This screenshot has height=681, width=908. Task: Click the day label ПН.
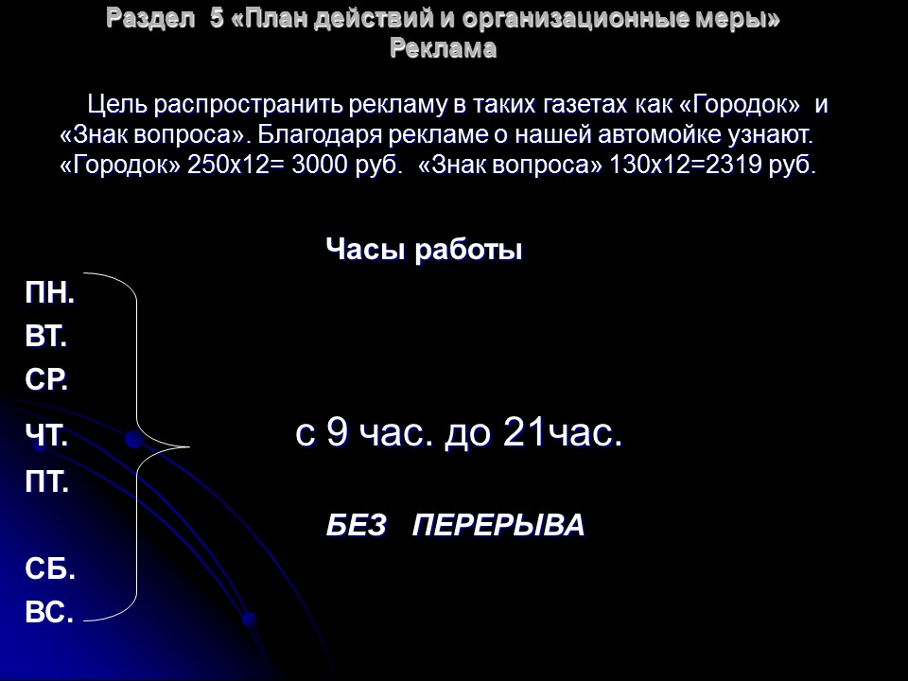[49, 294]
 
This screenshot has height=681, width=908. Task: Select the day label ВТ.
[46, 338]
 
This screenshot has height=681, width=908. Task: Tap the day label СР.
[46, 380]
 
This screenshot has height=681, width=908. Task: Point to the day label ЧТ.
[46, 436]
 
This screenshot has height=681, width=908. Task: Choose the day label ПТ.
[47, 483]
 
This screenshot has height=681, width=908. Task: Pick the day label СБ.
[50, 570]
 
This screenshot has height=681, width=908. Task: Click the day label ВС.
[49, 613]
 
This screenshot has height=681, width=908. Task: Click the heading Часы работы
[424, 251]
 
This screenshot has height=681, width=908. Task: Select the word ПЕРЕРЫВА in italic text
[498, 526]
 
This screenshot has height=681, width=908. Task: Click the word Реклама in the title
[444, 49]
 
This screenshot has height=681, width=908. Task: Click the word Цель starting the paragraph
[117, 103]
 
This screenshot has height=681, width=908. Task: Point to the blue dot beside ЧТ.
[133, 441]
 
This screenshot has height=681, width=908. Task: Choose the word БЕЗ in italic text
[357, 526]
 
